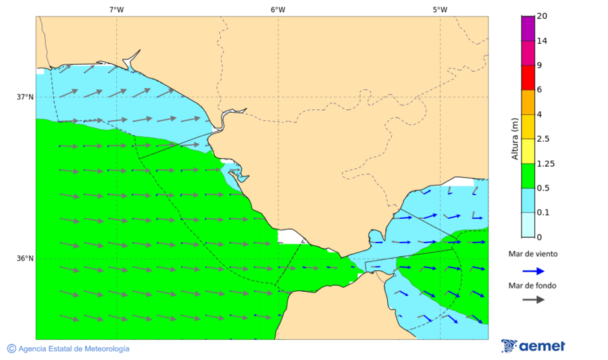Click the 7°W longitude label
click(116, 9)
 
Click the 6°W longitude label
click(278, 9)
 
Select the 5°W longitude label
click(440, 9)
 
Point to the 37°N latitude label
click(25, 97)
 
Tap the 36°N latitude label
click(25, 258)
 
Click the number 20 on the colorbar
click(541, 16)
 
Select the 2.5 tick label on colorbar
click(542, 139)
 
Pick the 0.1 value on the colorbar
click(542, 213)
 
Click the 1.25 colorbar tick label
click(544, 163)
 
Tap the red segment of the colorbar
click(528, 77)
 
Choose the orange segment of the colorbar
click(528, 102)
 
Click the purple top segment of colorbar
click(528, 28)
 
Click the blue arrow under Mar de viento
click(533, 271)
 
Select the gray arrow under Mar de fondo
click(533, 299)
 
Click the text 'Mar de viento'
click(533, 254)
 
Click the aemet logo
click(533, 346)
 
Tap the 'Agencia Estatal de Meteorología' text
click(74, 349)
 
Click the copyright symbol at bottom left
click(11, 349)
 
